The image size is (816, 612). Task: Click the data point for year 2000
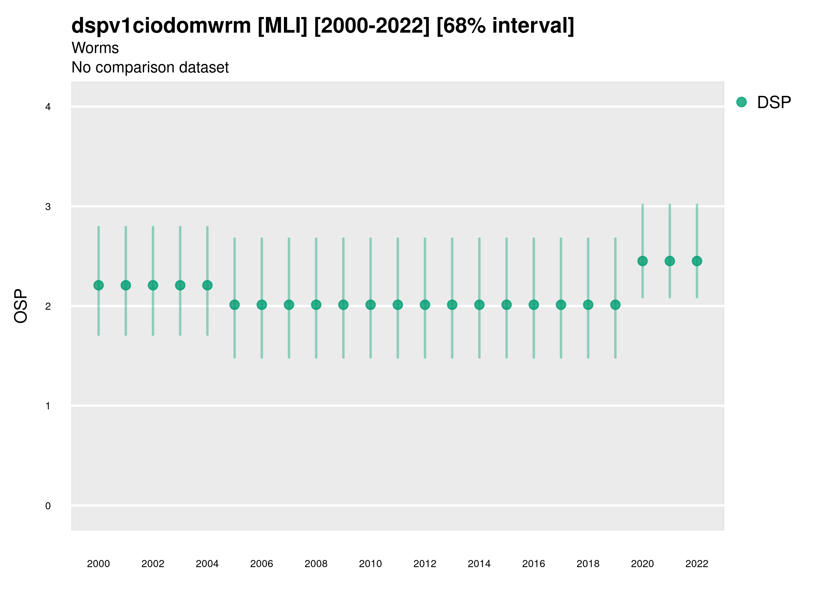99,285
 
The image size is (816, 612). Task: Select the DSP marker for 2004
207,285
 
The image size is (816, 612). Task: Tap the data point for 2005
235,305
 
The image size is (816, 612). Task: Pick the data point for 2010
370,305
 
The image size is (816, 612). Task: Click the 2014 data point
479,305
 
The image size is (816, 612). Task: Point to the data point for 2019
615,305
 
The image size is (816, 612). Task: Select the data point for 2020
643,261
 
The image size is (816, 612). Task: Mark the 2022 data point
697,261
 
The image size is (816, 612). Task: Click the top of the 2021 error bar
670,205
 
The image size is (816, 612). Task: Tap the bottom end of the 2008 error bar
316,357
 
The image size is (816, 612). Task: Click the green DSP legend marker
742,102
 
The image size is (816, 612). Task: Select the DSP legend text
774,103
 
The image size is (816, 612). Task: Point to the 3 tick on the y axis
48,207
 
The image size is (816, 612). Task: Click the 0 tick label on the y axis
48,506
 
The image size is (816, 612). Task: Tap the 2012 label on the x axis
425,564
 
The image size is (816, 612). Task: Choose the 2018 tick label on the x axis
588,564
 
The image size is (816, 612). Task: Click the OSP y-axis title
21,306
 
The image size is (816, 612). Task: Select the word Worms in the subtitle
95,48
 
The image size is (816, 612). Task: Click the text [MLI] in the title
282,26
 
